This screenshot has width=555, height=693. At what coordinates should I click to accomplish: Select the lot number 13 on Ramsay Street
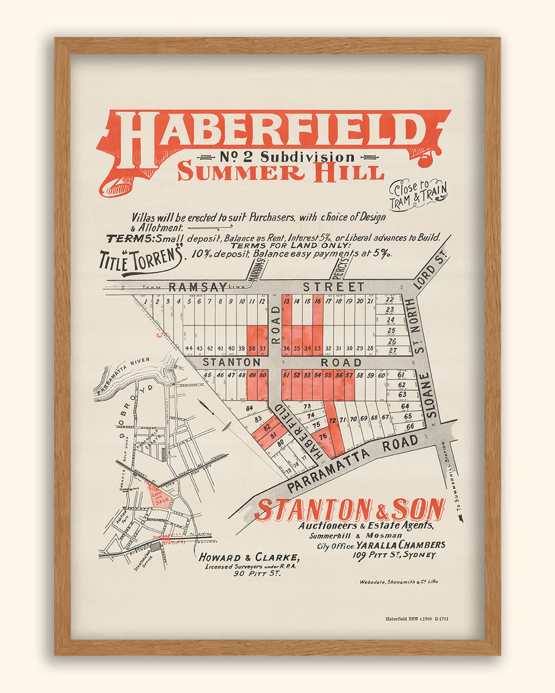pos(287,302)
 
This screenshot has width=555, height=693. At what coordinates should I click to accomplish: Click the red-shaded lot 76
pos(323,436)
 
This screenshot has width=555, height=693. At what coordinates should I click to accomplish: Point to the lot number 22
pos(390,300)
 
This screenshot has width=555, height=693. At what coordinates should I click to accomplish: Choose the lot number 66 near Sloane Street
pos(410,427)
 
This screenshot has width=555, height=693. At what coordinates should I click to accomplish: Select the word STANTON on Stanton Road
pos(231,362)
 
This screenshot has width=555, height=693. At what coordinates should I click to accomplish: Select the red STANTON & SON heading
pos(350,510)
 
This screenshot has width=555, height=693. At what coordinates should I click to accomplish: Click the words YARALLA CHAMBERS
pos(401,545)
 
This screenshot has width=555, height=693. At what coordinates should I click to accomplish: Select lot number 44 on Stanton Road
pos(189,348)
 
